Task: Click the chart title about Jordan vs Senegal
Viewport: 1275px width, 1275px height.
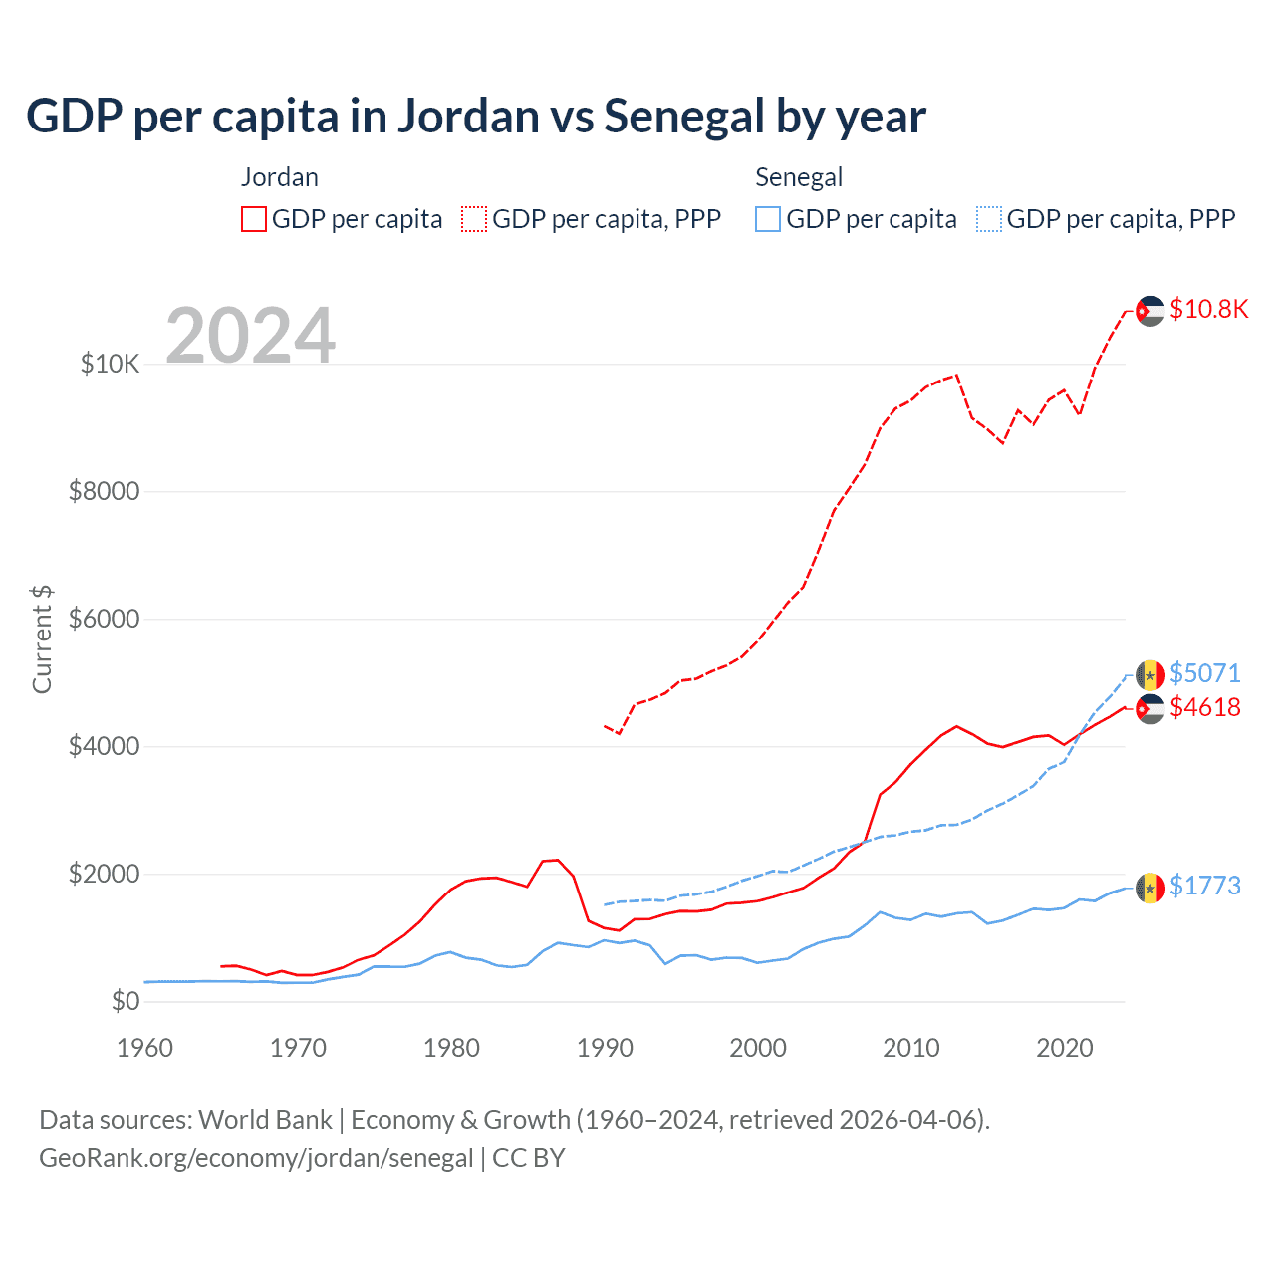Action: click(x=476, y=117)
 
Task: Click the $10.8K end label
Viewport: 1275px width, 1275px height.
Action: click(x=1208, y=309)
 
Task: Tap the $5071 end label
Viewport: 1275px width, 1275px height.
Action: click(x=1205, y=673)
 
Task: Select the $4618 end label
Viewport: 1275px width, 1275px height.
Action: click(x=1205, y=707)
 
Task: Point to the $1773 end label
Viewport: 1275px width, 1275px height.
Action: click(x=1205, y=886)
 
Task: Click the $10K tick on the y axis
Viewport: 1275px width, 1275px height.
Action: click(x=110, y=364)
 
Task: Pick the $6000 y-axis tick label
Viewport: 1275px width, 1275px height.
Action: click(x=104, y=619)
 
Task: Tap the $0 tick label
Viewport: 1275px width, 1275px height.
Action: click(x=125, y=1001)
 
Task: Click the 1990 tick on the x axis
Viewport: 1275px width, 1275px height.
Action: click(x=605, y=1048)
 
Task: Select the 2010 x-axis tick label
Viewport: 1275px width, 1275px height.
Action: click(x=911, y=1048)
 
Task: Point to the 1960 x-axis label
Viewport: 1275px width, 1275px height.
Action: click(x=145, y=1048)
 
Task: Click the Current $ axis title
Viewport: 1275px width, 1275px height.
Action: click(x=42, y=639)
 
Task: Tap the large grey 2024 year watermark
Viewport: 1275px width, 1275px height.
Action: click(x=250, y=336)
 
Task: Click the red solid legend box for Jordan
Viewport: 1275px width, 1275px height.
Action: click(x=254, y=219)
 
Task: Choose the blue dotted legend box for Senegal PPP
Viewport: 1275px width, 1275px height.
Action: click(x=989, y=219)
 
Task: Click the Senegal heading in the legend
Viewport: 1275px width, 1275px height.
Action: click(x=799, y=177)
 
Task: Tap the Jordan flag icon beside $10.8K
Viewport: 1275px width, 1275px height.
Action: click(x=1149, y=311)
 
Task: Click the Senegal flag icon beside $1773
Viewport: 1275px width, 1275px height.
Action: click(x=1149, y=887)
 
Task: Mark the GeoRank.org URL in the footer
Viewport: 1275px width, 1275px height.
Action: click(x=256, y=1158)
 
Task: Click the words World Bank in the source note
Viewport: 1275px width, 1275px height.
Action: click(x=265, y=1120)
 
